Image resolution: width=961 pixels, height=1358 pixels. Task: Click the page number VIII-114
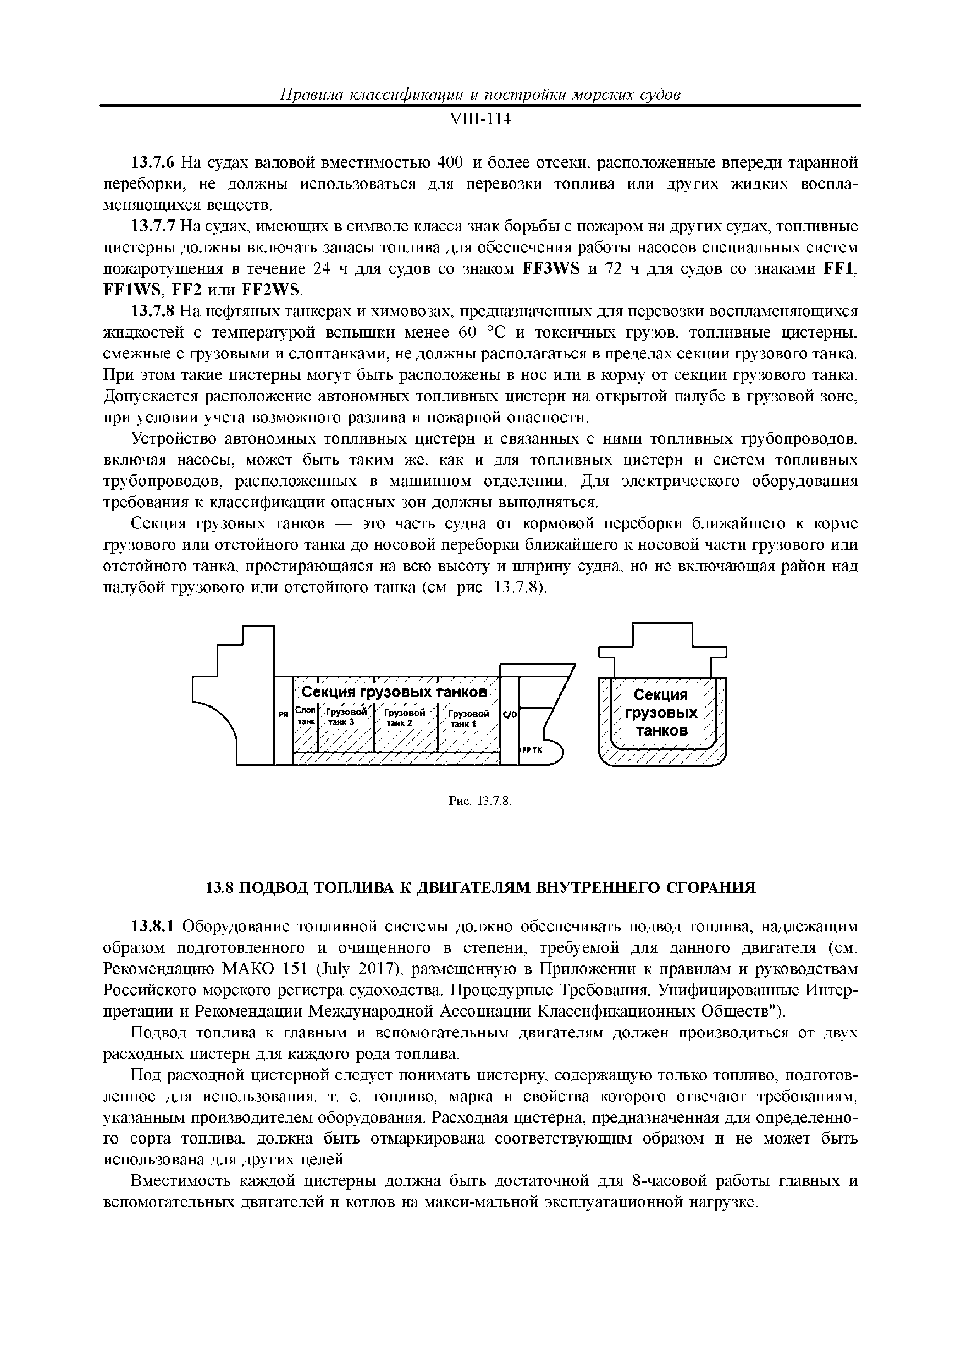click(x=480, y=120)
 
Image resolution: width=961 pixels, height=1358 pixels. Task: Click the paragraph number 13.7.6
click(x=153, y=162)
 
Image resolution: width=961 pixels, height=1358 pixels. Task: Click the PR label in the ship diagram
click(x=283, y=715)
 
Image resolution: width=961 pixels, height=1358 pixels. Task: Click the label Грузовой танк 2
click(x=405, y=717)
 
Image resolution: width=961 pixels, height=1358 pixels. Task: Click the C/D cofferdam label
click(x=509, y=715)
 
